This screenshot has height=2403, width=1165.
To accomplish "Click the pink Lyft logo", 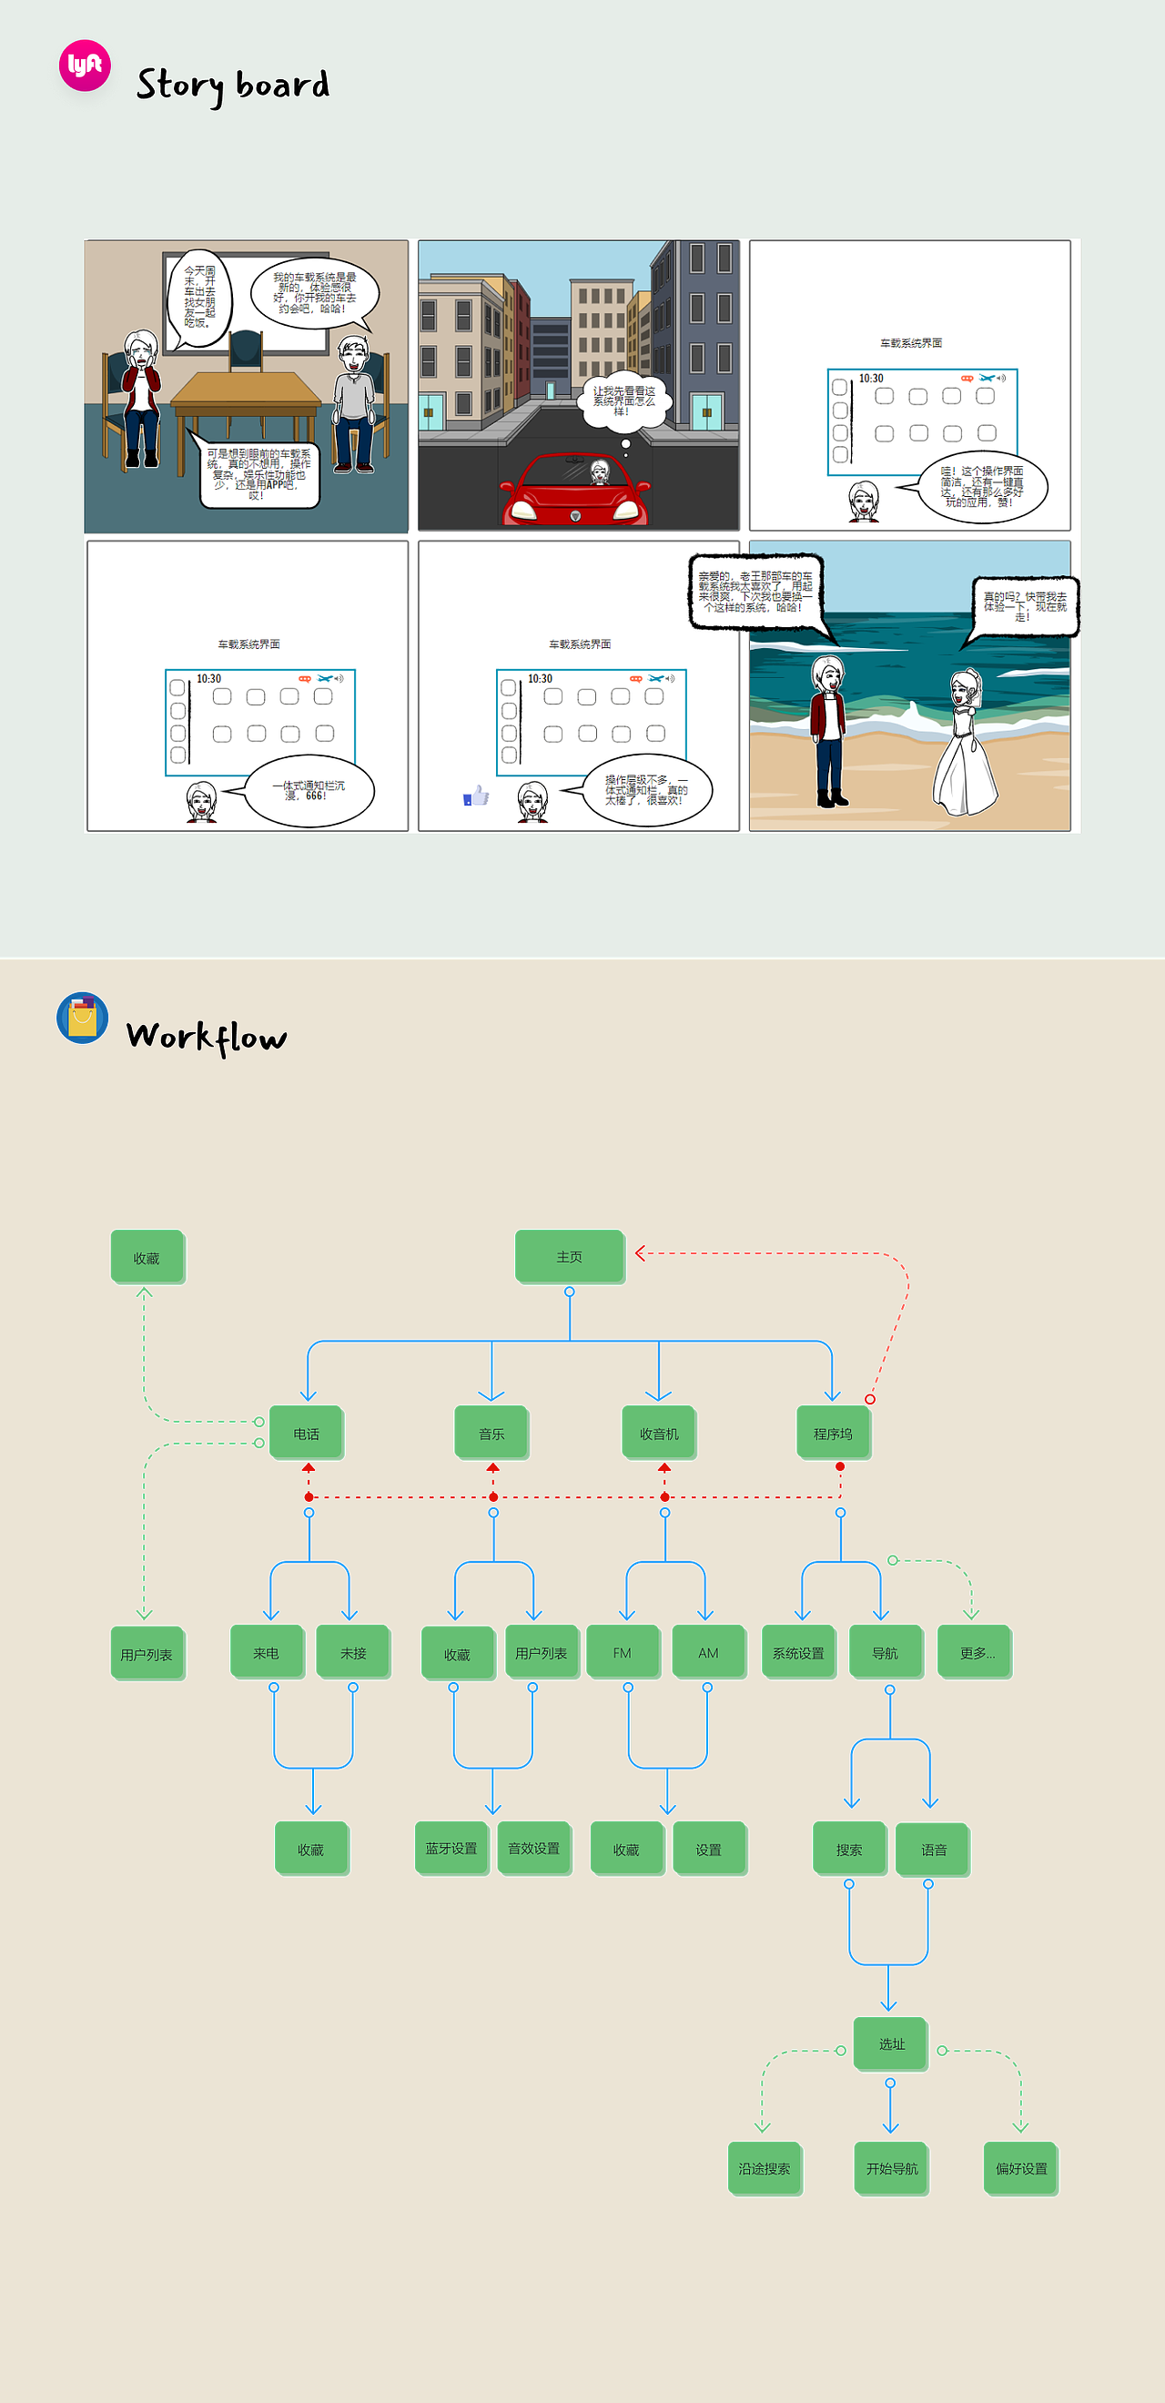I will coord(85,66).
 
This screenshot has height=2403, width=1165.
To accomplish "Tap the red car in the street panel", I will coord(574,492).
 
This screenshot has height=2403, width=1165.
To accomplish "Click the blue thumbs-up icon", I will coord(477,796).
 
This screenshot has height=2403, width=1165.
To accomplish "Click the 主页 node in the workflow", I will coord(569,1256).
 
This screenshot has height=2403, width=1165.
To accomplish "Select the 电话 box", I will coord(306,1433).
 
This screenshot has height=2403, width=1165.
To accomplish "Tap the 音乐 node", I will coord(491,1433).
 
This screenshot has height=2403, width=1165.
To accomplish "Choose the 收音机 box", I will coord(659,1433).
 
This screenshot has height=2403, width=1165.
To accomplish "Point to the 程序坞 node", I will coord(833,1433).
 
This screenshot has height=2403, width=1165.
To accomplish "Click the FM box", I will coord(623,1652).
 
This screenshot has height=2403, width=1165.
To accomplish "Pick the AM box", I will coord(708,1652).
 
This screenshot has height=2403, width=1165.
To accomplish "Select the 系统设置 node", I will coord(798,1652).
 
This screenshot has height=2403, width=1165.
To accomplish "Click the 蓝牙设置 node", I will coord(451,1848).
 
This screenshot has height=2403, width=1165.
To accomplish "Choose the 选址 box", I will coord(891,2043).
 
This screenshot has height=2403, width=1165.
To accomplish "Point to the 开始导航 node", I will coord(891,2168).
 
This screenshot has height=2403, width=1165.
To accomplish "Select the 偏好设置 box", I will coord(1020,2168).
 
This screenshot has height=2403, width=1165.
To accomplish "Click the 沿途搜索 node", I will coord(764,2168).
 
